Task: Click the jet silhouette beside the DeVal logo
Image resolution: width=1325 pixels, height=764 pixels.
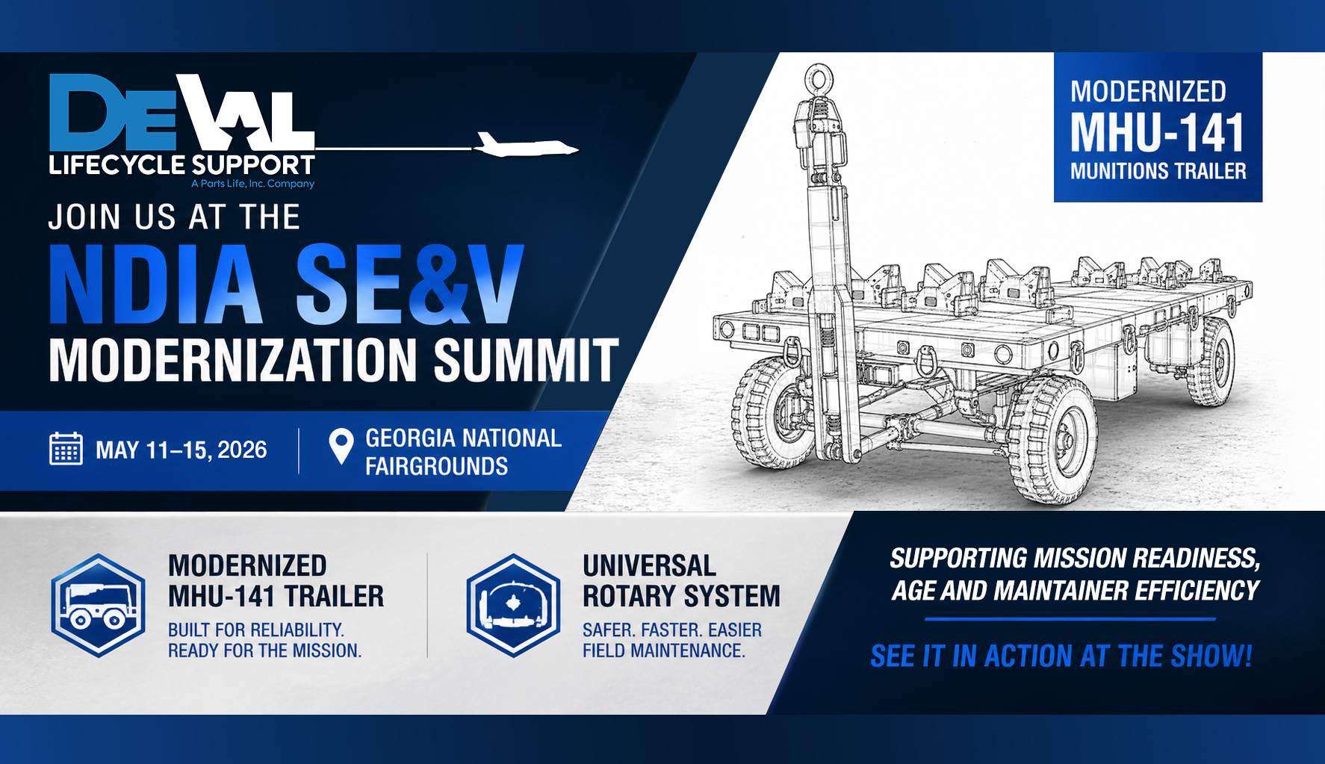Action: point(527,145)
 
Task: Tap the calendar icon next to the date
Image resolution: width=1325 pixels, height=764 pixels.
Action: point(66,449)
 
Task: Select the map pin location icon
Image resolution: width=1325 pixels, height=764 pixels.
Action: point(341,447)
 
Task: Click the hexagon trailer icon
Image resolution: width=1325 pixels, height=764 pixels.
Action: point(98,606)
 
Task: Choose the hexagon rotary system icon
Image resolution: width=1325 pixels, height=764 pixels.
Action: point(513,606)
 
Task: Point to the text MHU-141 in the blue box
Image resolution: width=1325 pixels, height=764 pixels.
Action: point(1157,133)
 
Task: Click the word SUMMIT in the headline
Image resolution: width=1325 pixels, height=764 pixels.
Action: point(527,361)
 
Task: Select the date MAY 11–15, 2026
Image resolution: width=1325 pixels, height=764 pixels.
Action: point(181,450)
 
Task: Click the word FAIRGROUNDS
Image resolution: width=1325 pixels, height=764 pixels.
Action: point(437,467)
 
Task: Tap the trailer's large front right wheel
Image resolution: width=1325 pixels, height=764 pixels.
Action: point(1052,439)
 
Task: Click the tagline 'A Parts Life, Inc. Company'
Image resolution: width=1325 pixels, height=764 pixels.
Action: point(252,184)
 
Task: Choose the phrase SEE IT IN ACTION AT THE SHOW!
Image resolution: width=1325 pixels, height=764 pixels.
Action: point(1061,656)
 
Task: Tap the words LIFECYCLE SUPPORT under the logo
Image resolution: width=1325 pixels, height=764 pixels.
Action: point(182,164)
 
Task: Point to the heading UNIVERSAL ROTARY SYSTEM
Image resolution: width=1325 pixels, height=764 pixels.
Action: point(681,581)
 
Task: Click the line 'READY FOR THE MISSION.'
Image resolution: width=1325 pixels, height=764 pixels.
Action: point(265,650)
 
